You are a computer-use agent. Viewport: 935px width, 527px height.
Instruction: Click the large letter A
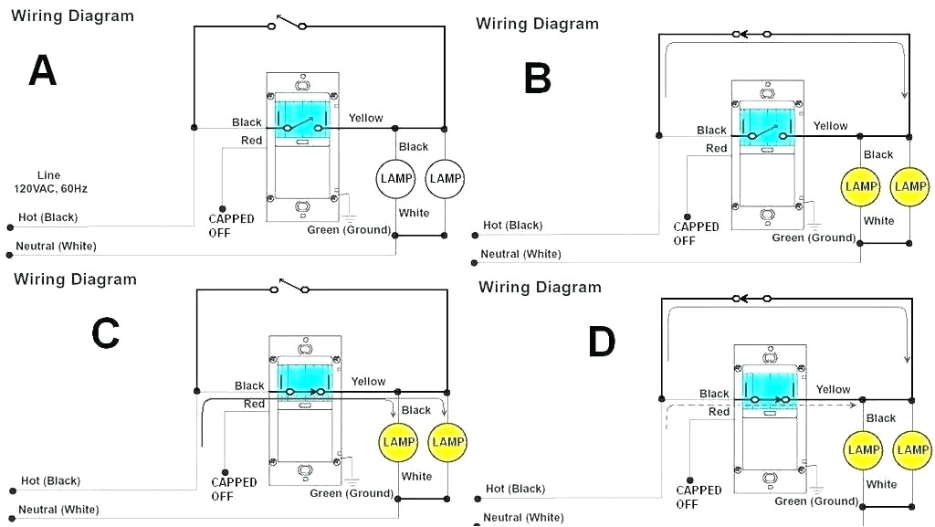tap(43, 70)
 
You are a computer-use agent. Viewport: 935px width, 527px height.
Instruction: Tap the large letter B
tap(537, 79)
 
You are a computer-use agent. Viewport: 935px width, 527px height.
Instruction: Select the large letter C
tap(105, 334)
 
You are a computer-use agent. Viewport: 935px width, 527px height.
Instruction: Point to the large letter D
tap(601, 342)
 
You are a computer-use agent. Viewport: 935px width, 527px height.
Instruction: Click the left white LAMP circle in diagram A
tap(397, 178)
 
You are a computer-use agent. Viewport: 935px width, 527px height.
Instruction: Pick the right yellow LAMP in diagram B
tap(910, 186)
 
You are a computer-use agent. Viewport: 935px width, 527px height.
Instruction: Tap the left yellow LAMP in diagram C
tap(399, 442)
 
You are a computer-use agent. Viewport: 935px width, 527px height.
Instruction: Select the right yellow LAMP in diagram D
tap(912, 449)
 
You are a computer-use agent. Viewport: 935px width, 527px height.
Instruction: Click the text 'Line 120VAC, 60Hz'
tap(50, 182)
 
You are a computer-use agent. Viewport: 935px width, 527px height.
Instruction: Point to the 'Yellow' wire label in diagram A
tap(365, 118)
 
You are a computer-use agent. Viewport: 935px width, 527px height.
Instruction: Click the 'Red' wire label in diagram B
tap(716, 148)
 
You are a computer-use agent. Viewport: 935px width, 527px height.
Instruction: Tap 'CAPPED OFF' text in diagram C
tap(234, 489)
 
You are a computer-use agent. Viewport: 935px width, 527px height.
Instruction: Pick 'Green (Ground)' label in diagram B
tap(814, 237)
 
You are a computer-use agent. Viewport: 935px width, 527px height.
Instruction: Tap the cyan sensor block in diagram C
tap(300, 376)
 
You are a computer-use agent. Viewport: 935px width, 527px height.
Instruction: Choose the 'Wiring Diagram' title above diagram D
tap(540, 288)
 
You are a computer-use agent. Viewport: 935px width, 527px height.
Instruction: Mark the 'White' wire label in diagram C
tap(416, 476)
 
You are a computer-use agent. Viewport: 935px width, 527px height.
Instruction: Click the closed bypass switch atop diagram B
tap(753, 35)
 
